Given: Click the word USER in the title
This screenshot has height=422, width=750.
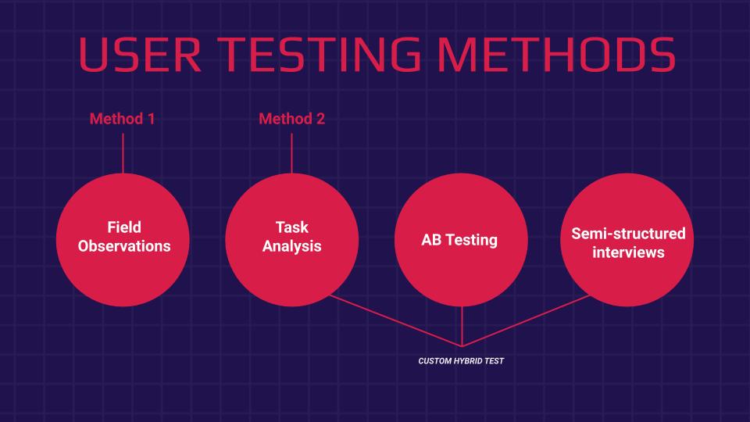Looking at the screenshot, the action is [140, 55].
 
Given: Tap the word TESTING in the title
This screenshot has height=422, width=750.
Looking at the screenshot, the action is [319, 55].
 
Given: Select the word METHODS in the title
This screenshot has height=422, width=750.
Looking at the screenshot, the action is [556, 55].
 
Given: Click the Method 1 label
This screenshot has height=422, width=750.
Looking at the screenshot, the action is [123, 119].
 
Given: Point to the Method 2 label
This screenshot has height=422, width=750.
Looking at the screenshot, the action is [291, 119].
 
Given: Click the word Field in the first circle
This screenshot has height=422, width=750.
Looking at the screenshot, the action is [124, 227].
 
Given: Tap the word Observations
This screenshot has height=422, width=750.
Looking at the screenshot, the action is [124, 246].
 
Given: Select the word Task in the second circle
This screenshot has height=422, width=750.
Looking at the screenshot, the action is [291, 227].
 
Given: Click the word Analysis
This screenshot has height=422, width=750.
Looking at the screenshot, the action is [291, 246].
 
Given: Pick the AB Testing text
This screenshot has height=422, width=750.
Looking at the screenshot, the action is [459, 240].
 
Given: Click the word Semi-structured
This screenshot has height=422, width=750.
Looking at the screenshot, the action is [628, 234].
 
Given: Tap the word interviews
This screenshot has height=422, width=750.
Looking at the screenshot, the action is [628, 252].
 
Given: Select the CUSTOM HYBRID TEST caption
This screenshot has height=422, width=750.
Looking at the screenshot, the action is [461, 361].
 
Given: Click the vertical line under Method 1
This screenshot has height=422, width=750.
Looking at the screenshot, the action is [123, 153].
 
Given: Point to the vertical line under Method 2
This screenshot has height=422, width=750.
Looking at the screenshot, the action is [291, 153].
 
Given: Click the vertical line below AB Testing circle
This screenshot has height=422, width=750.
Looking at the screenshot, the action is [462, 326].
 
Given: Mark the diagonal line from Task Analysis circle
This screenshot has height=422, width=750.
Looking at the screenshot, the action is [396, 320].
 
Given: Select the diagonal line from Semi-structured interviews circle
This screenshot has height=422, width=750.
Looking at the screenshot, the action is [526, 320].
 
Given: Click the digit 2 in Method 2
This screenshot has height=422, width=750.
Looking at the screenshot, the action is [320, 119].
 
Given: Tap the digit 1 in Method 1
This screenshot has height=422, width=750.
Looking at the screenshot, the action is [152, 119].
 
